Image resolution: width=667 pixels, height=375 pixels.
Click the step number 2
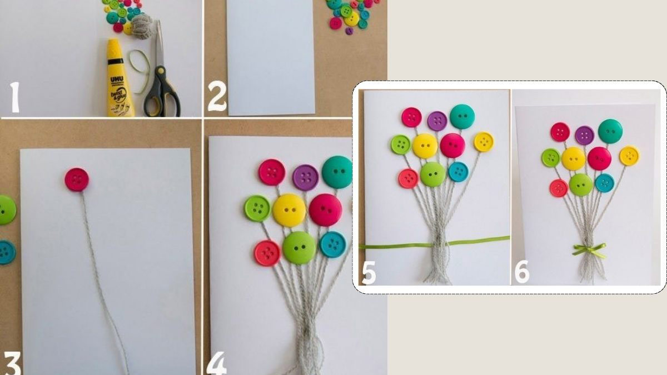pyautogui.click(x=217, y=99)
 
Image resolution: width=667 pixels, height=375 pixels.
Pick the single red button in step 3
pyautogui.click(x=77, y=179)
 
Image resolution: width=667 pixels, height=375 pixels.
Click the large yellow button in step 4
pyautogui.click(x=289, y=210)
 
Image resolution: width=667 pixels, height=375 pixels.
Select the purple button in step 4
pyautogui.click(x=305, y=178)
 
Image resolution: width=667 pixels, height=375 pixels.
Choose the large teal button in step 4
pyautogui.click(x=337, y=172)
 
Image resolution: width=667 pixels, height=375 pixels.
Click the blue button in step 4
pyautogui.click(x=333, y=244)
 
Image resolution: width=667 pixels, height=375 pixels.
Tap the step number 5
pyautogui.click(x=369, y=273)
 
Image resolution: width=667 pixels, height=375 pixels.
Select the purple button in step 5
pyautogui.click(x=437, y=121)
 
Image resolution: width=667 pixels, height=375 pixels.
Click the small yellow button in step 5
pyautogui.click(x=484, y=142)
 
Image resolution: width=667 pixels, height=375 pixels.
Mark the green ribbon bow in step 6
pyautogui.click(x=589, y=250)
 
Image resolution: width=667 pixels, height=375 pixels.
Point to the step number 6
pyautogui.click(x=521, y=273)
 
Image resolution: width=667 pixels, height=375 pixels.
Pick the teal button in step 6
pyautogui.click(x=610, y=131)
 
